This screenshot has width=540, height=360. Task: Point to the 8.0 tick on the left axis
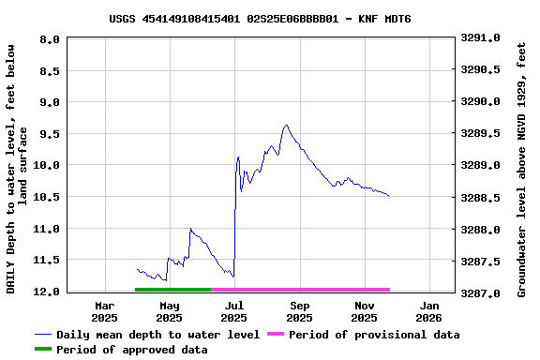point(51,39)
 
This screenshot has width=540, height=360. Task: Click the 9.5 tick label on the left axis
point(51,134)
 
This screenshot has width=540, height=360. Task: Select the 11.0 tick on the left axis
point(48,229)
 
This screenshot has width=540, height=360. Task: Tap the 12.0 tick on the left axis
point(48,292)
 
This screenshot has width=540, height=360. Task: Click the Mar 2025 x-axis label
point(105,311)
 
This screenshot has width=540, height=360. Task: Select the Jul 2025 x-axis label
point(234,311)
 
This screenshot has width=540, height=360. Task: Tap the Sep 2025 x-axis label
point(300,311)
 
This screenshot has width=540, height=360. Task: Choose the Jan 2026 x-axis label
point(429,311)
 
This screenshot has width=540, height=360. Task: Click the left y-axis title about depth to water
point(18,166)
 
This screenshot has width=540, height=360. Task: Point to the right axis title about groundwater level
point(521,166)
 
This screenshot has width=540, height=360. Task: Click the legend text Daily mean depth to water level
point(157,335)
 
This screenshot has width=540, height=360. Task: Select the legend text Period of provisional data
point(374,335)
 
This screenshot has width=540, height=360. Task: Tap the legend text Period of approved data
point(131,350)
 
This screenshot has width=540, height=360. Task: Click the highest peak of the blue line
point(287,125)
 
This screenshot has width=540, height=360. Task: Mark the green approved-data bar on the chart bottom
point(173,290)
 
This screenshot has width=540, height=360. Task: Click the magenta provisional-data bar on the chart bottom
point(300,290)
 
